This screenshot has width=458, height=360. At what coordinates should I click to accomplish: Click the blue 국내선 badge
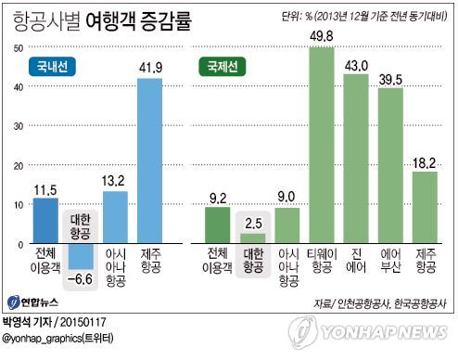point(53,67)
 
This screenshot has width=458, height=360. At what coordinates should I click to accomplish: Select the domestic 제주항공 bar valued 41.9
point(149,160)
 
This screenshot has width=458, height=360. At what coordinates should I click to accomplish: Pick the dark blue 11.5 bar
point(45,221)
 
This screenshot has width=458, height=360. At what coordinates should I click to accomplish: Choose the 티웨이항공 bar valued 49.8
point(321,144)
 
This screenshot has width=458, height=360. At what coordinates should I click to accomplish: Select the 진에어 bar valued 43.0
point(355,158)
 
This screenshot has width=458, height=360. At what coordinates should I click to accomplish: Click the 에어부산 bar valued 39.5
point(390,165)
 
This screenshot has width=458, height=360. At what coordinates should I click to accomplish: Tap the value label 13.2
point(114,181)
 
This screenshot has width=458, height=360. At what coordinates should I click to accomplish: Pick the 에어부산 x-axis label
point(390,263)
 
